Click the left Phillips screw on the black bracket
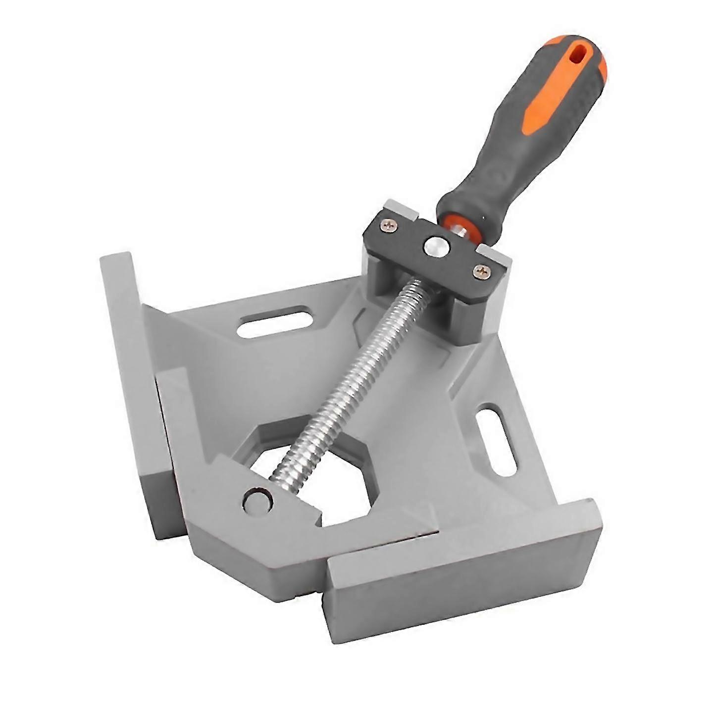tap(389, 225)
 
